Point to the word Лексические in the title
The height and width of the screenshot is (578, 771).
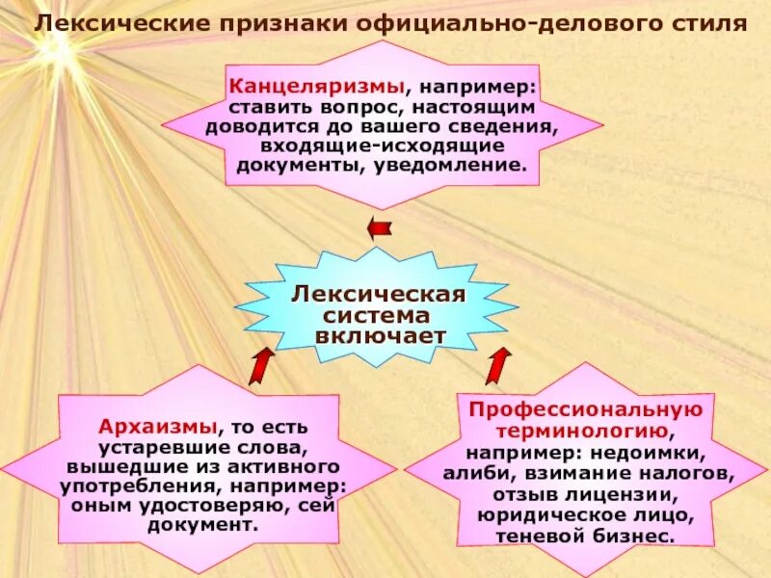[104, 21]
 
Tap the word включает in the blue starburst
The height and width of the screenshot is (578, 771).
[380, 336]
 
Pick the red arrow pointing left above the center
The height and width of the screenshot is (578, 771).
[380, 228]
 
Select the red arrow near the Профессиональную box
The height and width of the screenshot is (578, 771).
[497, 366]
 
